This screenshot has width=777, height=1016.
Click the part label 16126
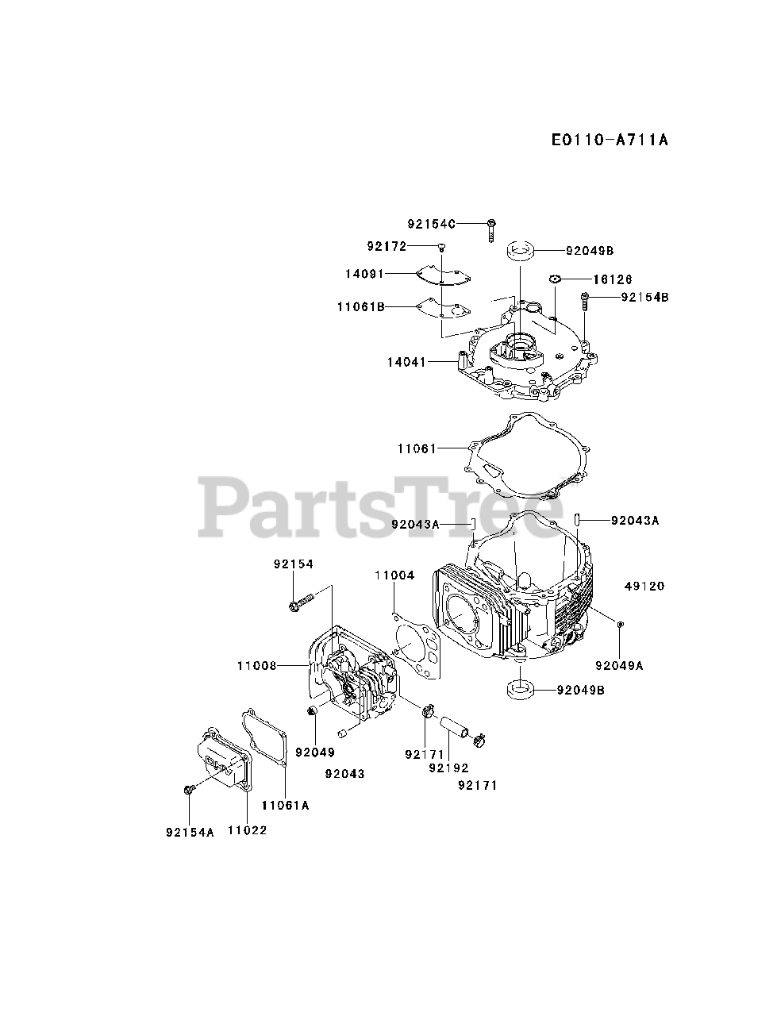611,279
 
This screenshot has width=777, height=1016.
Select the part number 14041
407,362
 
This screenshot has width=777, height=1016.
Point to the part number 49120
644,587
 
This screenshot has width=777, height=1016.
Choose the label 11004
394,575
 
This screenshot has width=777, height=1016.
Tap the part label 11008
256,665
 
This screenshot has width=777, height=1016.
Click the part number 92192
448,768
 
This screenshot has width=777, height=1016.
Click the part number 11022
247,830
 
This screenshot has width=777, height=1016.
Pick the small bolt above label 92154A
190,789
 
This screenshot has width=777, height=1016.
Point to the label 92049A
619,666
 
